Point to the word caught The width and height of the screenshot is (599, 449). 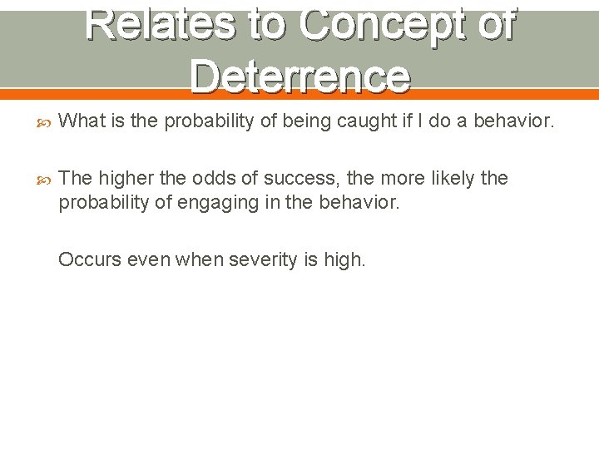click(369, 121)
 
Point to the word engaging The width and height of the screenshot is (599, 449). click(238, 201)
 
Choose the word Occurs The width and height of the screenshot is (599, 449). click(89, 259)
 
